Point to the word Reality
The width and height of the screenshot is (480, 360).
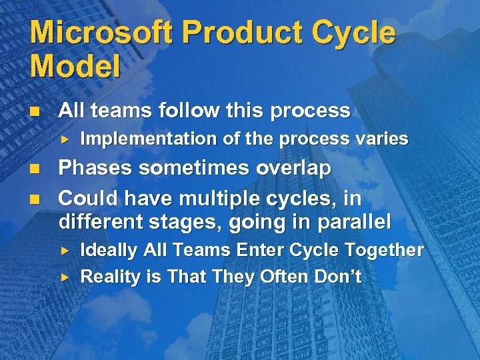[107, 277]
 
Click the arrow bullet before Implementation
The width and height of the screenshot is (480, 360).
[65, 140]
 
